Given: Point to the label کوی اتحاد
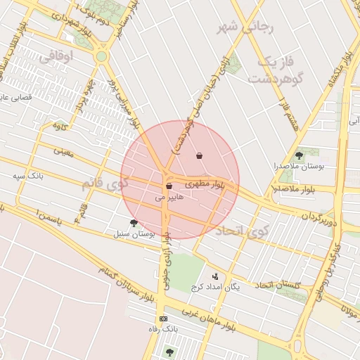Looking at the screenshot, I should [238, 230].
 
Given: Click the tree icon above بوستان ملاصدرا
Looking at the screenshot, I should [299, 155].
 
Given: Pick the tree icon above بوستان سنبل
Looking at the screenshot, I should [134, 223].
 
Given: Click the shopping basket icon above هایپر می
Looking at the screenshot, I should [169, 186].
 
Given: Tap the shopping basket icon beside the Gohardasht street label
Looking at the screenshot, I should [200, 155].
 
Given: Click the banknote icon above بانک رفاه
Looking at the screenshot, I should [164, 319].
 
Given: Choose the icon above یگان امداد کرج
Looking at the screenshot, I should [214, 276].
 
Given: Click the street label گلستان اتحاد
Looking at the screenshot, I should [277, 284].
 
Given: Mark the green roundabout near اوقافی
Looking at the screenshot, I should [101, 56].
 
